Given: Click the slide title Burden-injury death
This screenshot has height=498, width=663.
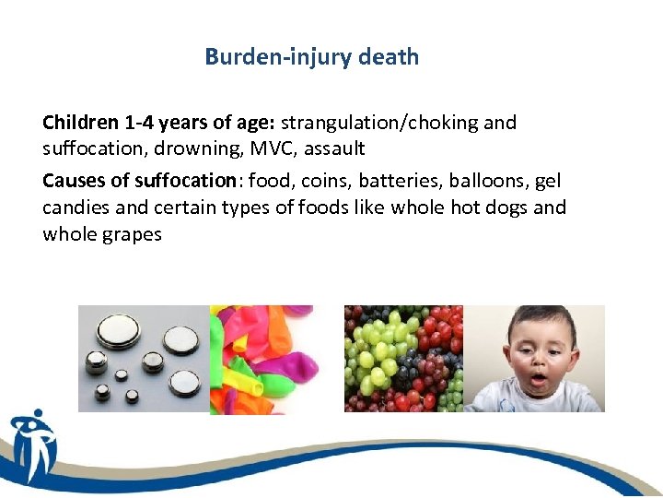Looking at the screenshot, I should [311, 57].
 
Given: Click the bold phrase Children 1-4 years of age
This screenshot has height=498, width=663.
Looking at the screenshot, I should [158, 123].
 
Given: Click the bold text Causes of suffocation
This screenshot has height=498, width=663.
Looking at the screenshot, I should [139, 181].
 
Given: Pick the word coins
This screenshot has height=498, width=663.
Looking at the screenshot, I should [318, 181].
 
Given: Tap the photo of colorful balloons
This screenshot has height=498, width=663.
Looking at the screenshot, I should [262, 359].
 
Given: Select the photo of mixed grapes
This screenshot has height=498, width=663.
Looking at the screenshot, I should [403, 359].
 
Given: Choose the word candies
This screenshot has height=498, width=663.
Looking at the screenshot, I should [76, 207].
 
